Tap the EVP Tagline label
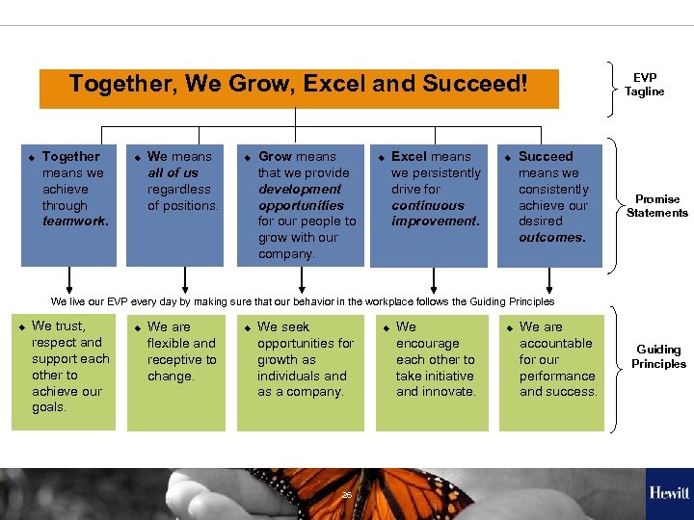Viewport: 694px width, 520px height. coord(644,85)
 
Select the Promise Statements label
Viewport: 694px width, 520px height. coord(656,206)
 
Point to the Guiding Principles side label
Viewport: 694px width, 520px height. coord(658,356)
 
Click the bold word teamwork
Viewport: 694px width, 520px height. coord(75,221)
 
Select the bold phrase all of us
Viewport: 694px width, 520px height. coord(173,172)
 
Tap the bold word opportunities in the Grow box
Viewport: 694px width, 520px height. coord(301,205)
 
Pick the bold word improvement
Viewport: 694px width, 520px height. coord(434,221)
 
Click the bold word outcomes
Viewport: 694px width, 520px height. coord(551,238)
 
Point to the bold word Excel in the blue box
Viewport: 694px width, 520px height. coord(409,156)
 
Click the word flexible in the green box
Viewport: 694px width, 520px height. coord(170,343)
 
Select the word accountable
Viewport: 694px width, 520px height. coord(555,343)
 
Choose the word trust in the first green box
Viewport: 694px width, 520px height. coord(69,325)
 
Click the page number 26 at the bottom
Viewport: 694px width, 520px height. coord(346,495)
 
